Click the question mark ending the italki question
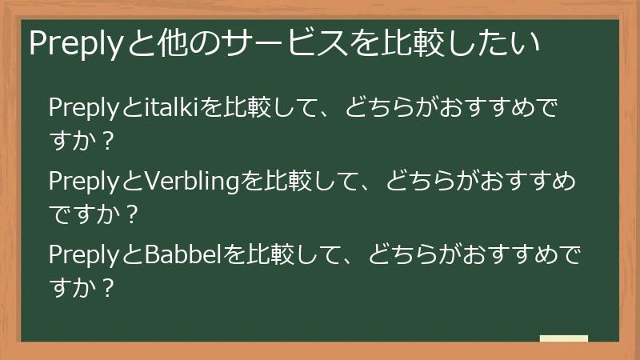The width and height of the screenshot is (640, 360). (x=110, y=143)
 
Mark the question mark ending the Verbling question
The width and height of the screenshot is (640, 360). (x=132, y=215)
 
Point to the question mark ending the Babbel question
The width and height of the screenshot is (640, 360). (x=110, y=287)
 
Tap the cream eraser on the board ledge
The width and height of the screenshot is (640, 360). (x=563, y=338)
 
